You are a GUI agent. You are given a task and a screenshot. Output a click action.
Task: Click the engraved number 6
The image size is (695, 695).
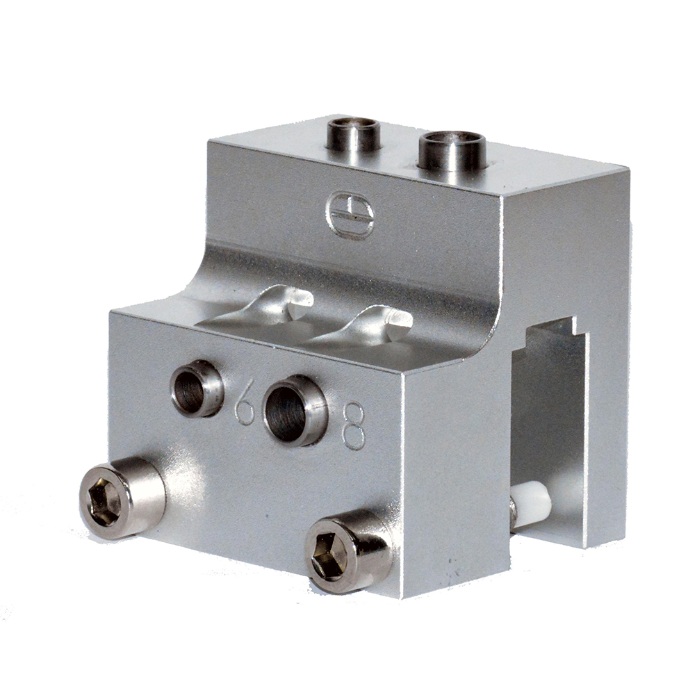coord(244,407)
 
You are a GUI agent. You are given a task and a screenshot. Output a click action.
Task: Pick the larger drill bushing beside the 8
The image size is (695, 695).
coord(295,410)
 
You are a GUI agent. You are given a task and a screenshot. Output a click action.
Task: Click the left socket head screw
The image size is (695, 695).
coord(122,498)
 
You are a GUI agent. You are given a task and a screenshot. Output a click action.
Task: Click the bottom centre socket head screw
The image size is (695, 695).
coord(349,550)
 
